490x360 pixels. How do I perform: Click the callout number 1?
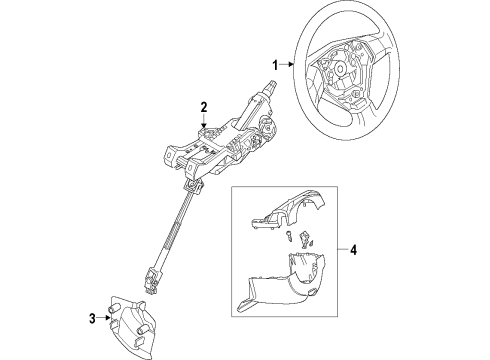[273, 64]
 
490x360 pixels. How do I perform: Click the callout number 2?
[203, 107]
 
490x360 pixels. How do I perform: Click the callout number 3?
[91, 318]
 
